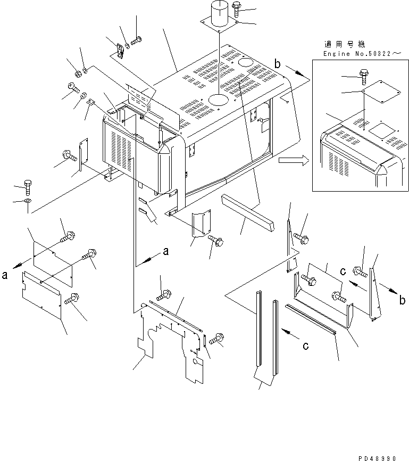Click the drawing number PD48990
click(x=377, y=458)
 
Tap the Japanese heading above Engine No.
click(x=345, y=45)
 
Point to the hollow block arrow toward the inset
click(x=294, y=160)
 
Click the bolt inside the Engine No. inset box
click(x=364, y=77)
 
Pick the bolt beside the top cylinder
click(x=237, y=10)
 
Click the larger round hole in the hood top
click(x=218, y=100)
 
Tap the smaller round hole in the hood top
click(x=246, y=62)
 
